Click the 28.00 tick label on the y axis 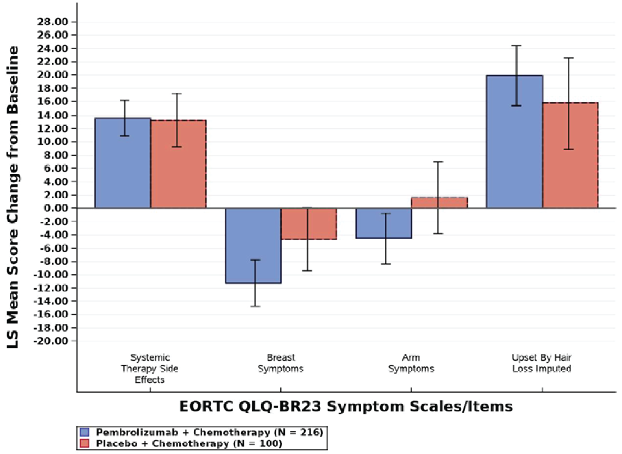click(53, 22)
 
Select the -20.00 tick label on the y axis click(51, 341)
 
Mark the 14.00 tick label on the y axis click(53, 115)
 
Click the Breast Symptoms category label click(281, 363)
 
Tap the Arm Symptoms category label click(411, 363)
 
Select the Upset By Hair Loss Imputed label click(542, 363)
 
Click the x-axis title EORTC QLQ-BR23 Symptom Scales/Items click(346, 406)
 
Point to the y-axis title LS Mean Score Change click(13, 197)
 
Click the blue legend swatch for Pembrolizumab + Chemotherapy click(85, 432)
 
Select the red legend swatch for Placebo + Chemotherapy click(85, 443)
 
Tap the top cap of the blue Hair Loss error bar click(516, 46)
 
